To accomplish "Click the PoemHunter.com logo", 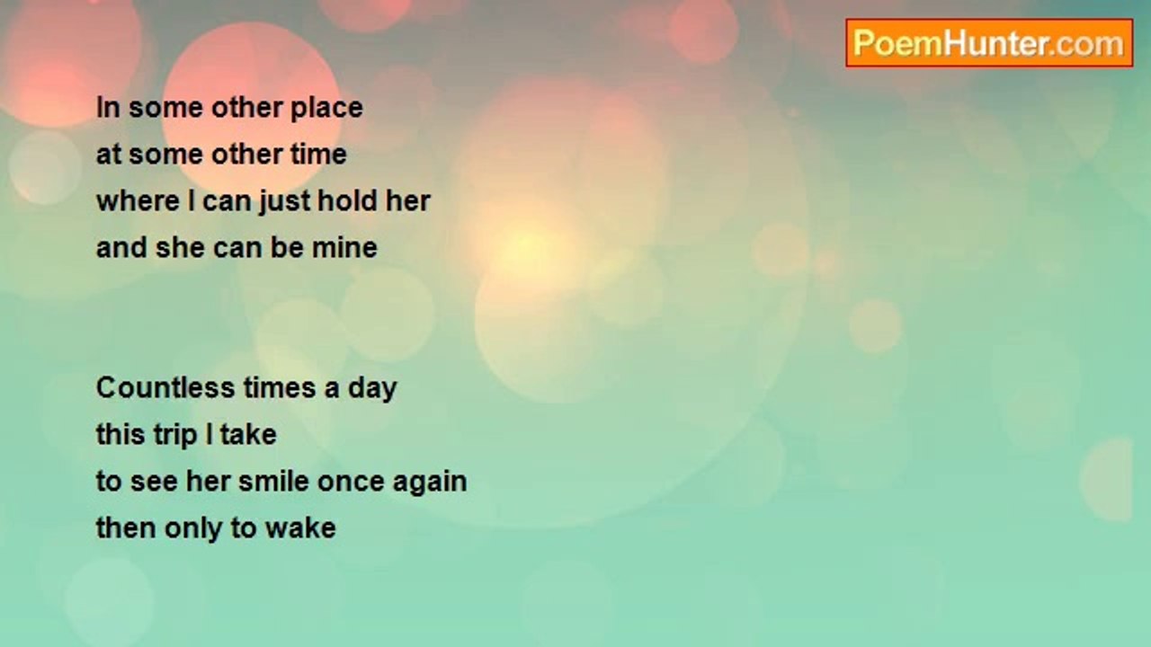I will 988,43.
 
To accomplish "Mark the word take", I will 247,435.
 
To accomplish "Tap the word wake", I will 299,528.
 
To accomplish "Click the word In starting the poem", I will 108,108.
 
